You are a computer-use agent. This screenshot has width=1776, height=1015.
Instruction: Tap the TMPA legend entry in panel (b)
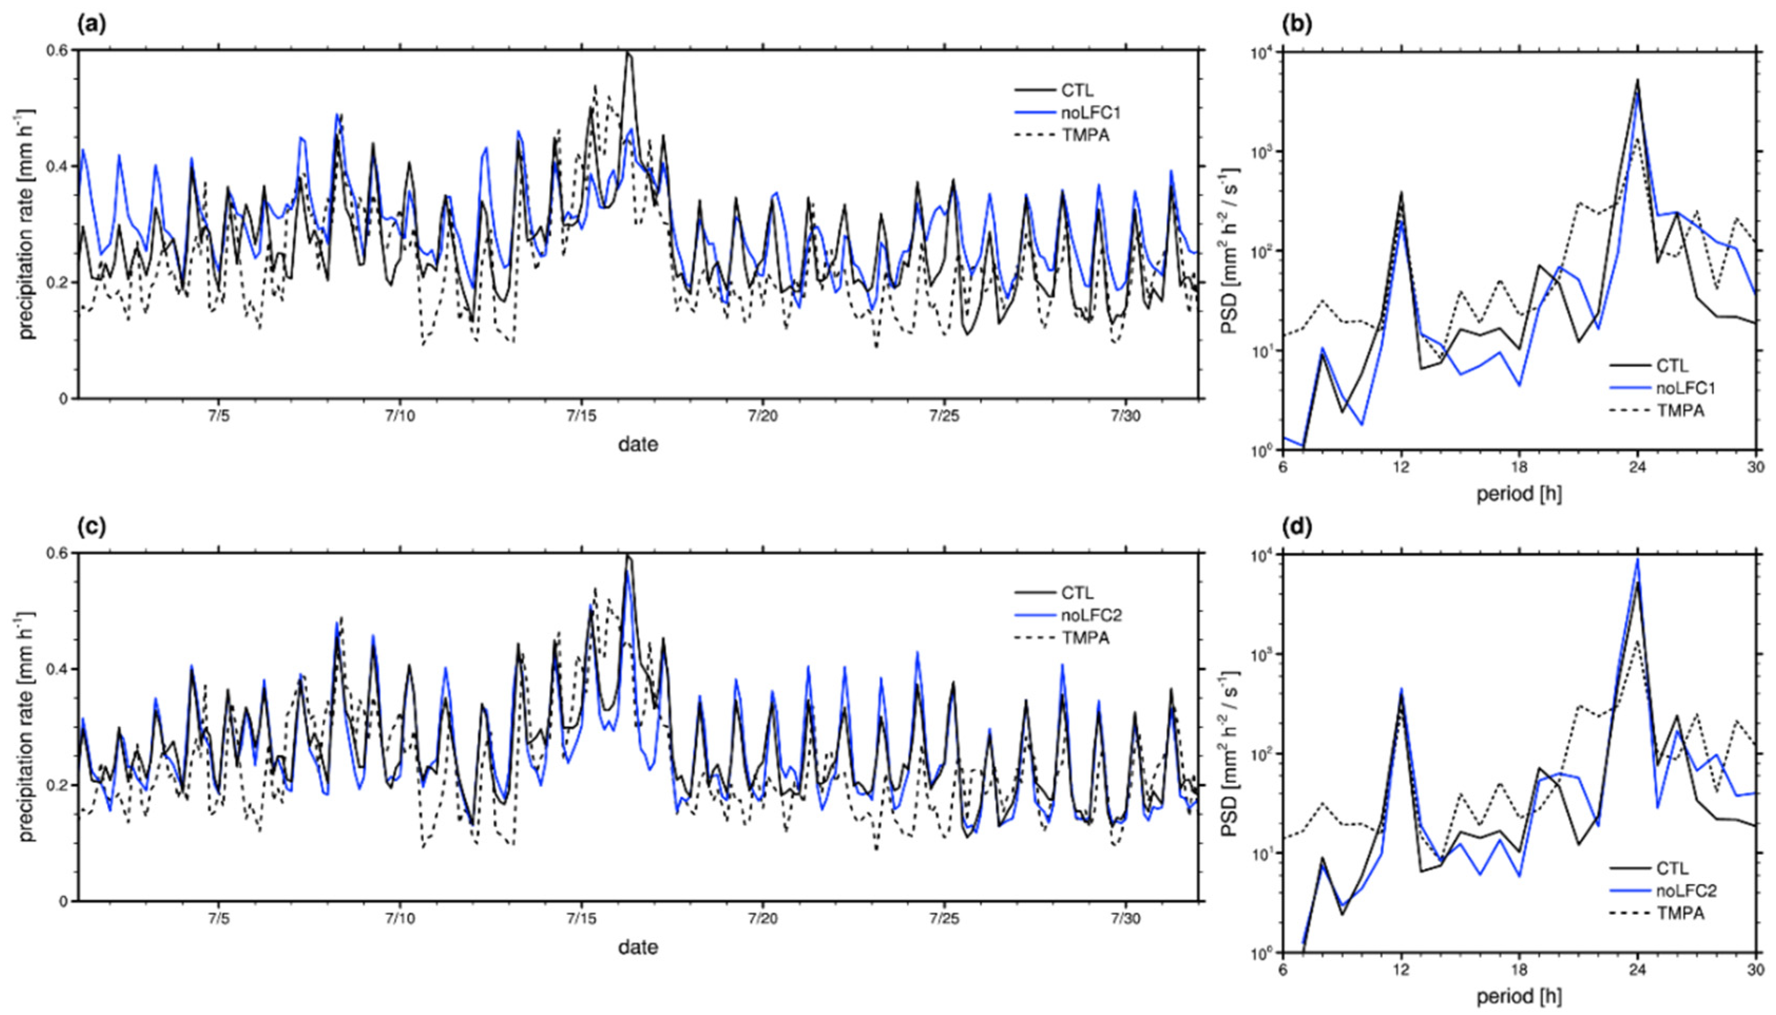click(1681, 410)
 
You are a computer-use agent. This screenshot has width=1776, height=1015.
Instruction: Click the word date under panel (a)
click(638, 444)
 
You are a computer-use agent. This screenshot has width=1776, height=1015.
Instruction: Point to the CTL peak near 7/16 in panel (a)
click(628, 53)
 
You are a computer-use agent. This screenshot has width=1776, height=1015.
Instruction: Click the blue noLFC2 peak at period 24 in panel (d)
click(1637, 560)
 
